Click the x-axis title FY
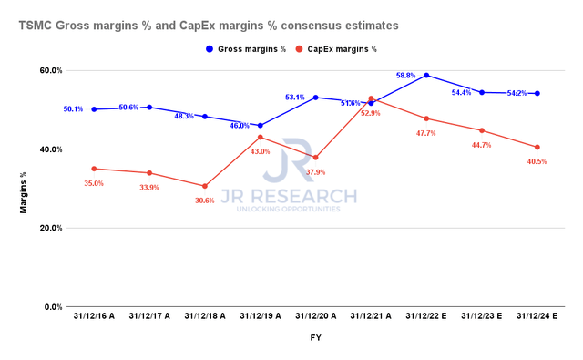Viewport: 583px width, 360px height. pyautogui.click(x=315, y=338)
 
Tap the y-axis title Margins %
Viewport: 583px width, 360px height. pyautogui.click(x=23, y=189)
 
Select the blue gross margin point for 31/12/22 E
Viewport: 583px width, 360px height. pyautogui.click(x=426, y=76)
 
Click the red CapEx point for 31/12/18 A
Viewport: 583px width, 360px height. pyautogui.click(x=205, y=186)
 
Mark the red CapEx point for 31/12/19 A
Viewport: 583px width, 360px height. pyautogui.click(x=261, y=137)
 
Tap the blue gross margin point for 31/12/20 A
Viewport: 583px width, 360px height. pyautogui.click(x=316, y=98)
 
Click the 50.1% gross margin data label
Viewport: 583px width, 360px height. pyautogui.click(x=74, y=109)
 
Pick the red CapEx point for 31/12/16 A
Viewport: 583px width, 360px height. pyautogui.click(x=94, y=169)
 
